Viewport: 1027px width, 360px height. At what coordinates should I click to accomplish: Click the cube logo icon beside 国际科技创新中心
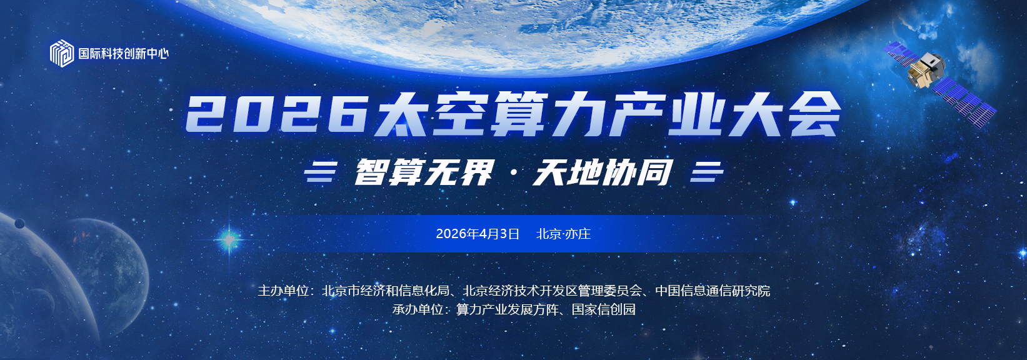click(61, 53)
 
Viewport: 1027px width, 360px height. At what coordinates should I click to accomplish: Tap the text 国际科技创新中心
click(124, 54)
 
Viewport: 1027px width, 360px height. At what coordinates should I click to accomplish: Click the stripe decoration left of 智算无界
click(321, 172)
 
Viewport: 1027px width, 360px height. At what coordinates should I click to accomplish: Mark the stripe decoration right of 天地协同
click(707, 172)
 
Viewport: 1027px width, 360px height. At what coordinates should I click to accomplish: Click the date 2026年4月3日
click(478, 234)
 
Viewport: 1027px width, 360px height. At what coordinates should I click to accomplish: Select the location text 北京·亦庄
click(563, 234)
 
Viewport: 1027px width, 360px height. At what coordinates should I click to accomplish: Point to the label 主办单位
click(283, 291)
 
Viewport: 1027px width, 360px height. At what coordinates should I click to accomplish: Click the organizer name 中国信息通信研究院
click(713, 291)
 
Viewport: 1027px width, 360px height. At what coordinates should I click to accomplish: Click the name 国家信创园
click(603, 309)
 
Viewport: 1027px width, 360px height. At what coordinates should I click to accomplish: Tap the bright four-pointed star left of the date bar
click(229, 239)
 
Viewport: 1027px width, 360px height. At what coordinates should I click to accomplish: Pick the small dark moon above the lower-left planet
click(19, 223)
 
